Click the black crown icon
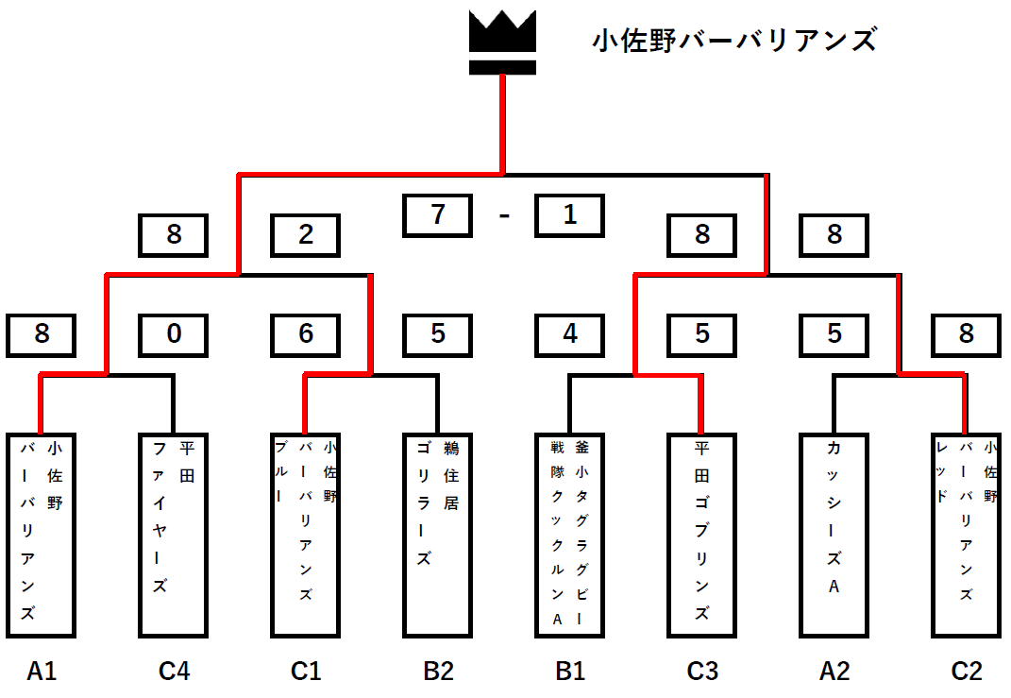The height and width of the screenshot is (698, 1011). coord(503,42)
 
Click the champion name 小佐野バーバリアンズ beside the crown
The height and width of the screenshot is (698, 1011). coord(734,41)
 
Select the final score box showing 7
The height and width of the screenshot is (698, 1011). coord(438,215)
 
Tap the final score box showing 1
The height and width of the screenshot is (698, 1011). coord(569,215)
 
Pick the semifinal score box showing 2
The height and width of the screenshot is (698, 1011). coord(306,235)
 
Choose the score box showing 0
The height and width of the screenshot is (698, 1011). coord(174,334)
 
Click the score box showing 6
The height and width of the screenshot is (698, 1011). coord(306,334)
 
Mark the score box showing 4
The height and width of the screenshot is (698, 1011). coord(569,334)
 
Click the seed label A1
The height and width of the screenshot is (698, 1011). coord(42,672)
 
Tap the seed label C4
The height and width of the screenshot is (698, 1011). coord(174,672)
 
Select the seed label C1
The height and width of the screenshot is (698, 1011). coord(306,672)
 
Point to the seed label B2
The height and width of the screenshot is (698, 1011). coord(438,672)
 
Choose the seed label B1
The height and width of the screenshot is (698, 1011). coord(569,672)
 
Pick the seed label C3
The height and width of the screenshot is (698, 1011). coord(701,672)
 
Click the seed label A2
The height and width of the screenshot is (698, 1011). coord(834,672)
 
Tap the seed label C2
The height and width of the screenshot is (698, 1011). coord(966,672)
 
